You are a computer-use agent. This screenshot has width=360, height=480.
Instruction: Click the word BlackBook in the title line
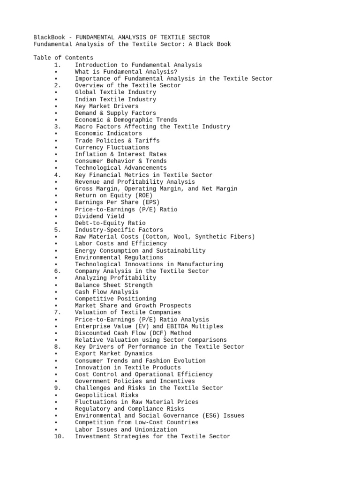(x=49, y=37)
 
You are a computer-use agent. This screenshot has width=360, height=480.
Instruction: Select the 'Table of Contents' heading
(x=63, y=58)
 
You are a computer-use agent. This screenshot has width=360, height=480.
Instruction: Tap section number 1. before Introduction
(x=58, y=65)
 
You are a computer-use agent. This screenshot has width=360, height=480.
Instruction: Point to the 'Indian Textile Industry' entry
(x=115, y=99)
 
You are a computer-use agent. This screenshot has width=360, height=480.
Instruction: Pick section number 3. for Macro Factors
(x=58, y=127)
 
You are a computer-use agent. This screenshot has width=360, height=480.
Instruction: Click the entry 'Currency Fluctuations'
(x=112, y=147)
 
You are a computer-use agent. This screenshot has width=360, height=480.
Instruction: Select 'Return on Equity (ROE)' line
(x=113, y=195)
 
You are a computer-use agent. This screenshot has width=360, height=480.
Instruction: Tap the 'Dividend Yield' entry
(x=100, y=216)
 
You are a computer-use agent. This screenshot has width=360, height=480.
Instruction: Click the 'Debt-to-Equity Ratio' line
(x=110, y=223)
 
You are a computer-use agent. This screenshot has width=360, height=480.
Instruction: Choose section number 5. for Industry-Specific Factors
(x=58, y=230)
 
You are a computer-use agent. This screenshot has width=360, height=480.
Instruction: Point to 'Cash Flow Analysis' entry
(x=106, y=292)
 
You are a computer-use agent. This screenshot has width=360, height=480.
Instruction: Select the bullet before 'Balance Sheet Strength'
(x=56, y=285)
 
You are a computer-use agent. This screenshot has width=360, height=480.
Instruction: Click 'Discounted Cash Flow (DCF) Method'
(x=133, y=333)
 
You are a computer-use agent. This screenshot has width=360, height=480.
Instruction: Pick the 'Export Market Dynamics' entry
(x=113, y=353)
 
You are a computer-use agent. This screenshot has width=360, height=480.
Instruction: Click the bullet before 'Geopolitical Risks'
(x=56, y=395)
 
